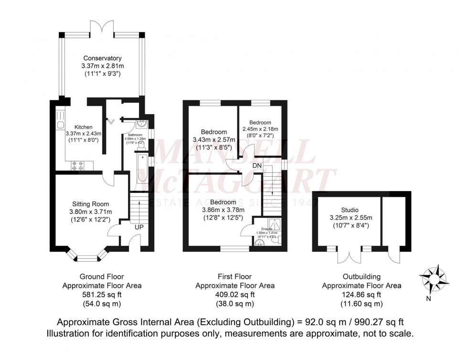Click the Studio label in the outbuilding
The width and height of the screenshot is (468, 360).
pyautogui.click(x=349, y=210)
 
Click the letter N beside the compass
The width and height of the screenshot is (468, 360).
pyautogui.click(x=428, y=299)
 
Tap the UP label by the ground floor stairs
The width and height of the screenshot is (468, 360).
pyautogui.click(x=139, y=227)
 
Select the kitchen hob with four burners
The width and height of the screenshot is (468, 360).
pyautogui.click(x=78, y=165)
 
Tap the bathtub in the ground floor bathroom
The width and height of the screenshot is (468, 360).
pyautogui.click(x=142, y=166)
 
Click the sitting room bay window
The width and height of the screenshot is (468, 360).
pyautogui.click(x=87, y=258)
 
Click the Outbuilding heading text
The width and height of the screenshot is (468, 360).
pyautogui.click(x=362, y=276)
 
